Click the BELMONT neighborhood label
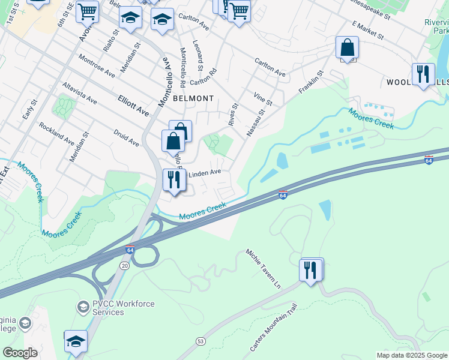[193, 98]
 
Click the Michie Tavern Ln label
[263, 268]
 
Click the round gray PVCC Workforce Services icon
[82, 308]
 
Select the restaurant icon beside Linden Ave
[175, 180]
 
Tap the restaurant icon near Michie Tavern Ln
[312, 270]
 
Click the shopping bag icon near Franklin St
[347, 48]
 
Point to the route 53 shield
[200, 341]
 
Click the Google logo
[20, 353]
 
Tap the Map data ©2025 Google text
[411, 355]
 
